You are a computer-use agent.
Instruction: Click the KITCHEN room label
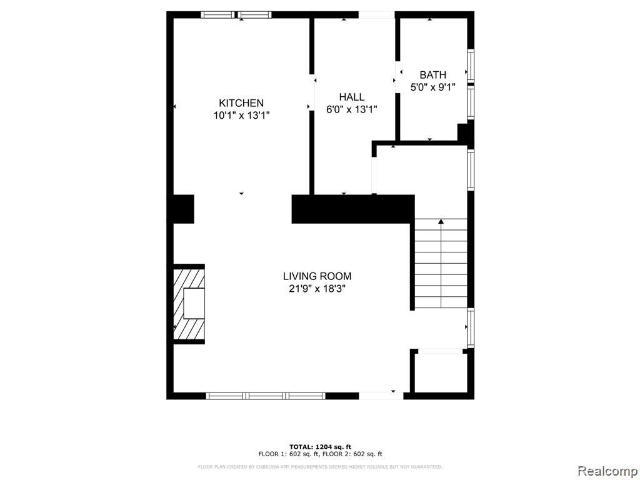click(241, 103)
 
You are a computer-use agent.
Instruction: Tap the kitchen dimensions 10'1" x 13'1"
click(242, 116)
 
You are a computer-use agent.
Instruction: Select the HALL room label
click(352, 97)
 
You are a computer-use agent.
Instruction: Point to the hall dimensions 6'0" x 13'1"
click(351, 109)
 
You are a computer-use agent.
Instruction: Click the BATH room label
click(433, 75)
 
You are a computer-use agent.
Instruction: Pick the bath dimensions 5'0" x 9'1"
click(432, 87)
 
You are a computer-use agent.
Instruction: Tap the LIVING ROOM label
click(317, 276)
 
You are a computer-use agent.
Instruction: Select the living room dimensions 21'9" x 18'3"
click(317, 289)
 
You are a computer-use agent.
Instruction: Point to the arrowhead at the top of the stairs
click(441, 221)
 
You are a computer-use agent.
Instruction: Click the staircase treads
click(441, 263)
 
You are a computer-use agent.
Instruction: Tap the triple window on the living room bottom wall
click(266, 396)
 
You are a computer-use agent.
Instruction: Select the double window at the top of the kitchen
click(236, 15)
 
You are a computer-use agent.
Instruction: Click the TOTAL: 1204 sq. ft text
click(321, 446)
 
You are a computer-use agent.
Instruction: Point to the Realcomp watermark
click(607, 471)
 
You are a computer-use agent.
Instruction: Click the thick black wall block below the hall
click(353, 209)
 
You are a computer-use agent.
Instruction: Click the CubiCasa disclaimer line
click(320, 467)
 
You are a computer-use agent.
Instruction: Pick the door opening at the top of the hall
click(377, 15)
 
